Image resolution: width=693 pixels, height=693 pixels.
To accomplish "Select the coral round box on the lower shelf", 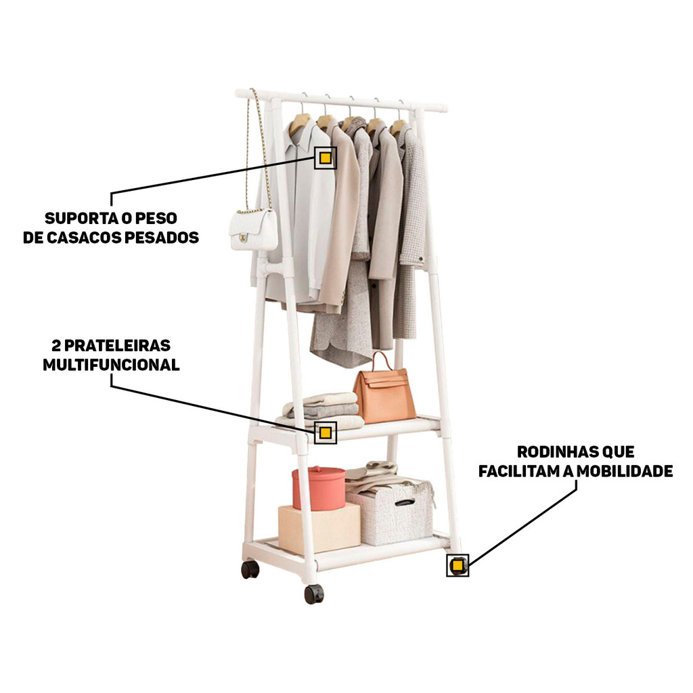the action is point(319,488).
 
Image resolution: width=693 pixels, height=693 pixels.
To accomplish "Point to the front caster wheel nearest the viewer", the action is point(314,594).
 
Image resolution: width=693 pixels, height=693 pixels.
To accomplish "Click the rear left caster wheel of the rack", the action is point(250,569).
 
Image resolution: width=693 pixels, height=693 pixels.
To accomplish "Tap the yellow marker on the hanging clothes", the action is point(326,158).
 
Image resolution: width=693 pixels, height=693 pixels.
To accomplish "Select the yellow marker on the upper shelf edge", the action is point(326,432).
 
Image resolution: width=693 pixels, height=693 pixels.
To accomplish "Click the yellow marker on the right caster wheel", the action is point(457,565).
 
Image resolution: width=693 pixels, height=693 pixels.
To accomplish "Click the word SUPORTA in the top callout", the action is point(83,219).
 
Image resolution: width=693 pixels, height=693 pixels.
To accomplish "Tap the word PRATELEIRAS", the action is point(118,346).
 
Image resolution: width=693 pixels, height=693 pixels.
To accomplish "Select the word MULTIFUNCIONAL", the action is point(112,365).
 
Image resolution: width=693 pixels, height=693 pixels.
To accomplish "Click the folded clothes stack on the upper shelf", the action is point(319,411).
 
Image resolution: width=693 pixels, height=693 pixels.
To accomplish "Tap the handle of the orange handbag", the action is point(382,362).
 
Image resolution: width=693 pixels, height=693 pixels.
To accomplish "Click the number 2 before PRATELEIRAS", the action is point(56,346).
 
